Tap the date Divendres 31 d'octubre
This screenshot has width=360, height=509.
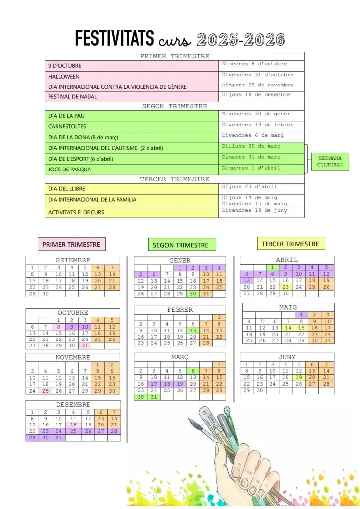[x=258, y=75]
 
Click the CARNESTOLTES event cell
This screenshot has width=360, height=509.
[x=67, y=126]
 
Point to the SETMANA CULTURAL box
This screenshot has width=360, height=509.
[x=330, y=162]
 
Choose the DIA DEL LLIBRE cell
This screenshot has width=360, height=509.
[x=66, y=189]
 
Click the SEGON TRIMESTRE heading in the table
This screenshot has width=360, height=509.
[x=175, y=106]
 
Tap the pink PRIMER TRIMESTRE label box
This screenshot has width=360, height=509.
[x=71, y=244]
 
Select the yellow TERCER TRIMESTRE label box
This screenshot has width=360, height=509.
[x=290, y=244]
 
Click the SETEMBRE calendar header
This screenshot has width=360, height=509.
[x=73, y=260]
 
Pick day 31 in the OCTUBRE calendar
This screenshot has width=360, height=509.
[x=85, y=346]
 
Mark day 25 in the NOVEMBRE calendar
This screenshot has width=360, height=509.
[x=46, y=391]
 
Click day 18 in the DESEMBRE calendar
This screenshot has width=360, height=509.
[x=73, y=425]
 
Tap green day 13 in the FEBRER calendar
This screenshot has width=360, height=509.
[x=193, y=330]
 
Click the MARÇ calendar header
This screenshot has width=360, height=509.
[x=180, y=357]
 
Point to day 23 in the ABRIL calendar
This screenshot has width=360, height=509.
[x=285, y=287]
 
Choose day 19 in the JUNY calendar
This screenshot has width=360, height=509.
[x=298, y=377]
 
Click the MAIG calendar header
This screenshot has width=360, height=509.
[x=287, y=307]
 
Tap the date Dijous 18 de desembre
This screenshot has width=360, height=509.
[x=256, y=95]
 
